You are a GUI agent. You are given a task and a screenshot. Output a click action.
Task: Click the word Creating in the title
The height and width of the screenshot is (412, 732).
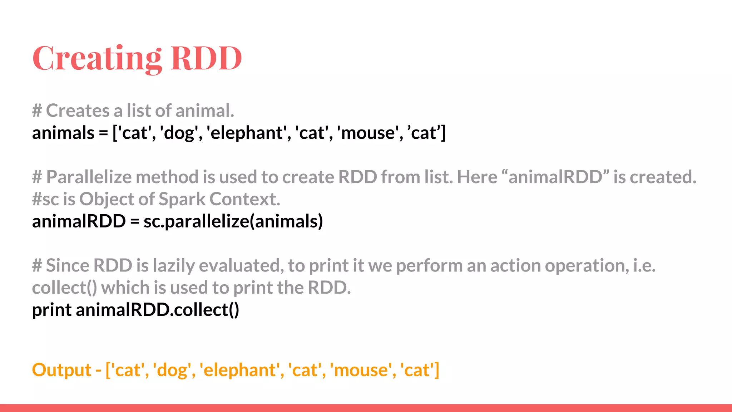tap(97, 58)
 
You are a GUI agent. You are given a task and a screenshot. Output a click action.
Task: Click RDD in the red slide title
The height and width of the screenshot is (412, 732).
tap(206, 58)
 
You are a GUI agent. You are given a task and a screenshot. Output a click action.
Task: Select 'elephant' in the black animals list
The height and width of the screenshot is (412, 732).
tap(247, 133)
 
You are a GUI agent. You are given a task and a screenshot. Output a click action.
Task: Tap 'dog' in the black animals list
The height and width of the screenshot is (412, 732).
tap(179, 133)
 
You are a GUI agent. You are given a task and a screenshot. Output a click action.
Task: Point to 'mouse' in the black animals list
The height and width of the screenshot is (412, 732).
tap(368, 133)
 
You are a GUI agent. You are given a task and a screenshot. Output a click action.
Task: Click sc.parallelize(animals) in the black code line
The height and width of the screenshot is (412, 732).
tap(233, 221)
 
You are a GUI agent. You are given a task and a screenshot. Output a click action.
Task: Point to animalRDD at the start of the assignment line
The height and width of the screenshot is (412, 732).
tap(79, 221)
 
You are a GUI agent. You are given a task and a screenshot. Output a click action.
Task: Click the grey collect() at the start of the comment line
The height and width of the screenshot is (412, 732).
tap(64, 288)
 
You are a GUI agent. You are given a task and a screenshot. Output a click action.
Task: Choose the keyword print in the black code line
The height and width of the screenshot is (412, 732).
tap(52, 310)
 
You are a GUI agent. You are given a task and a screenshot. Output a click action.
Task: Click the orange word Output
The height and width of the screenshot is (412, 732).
tap(61, 370)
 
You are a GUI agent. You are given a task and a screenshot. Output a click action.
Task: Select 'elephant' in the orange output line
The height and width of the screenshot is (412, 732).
tap(240, 370)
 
